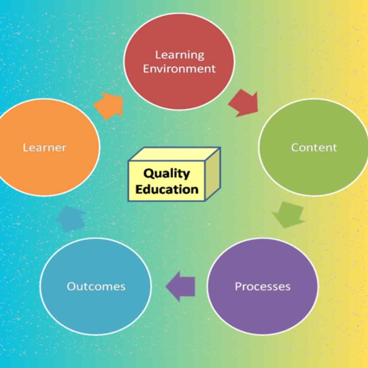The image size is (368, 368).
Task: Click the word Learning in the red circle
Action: (180, 56)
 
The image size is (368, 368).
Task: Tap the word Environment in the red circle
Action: (179, 69)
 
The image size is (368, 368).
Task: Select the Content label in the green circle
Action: (314, 148)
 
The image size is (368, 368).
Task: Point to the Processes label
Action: (263, 287)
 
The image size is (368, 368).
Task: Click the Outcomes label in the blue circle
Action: (96, 286)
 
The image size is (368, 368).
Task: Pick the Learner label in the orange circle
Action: (44, 148)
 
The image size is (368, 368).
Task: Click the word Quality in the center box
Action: (166, 174)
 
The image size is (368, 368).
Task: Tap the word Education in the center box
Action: (167, 189)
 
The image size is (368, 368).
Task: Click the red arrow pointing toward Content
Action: (244, 103)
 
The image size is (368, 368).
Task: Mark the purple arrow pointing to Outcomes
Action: (180, 287)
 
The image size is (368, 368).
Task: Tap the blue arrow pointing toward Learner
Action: (71, 219)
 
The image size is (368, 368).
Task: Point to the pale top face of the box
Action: (175, 154)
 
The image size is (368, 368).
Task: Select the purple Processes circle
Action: (263, 286)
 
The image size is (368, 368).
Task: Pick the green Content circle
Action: (314, 148)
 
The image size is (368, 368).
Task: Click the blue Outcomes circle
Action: (96, 286)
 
